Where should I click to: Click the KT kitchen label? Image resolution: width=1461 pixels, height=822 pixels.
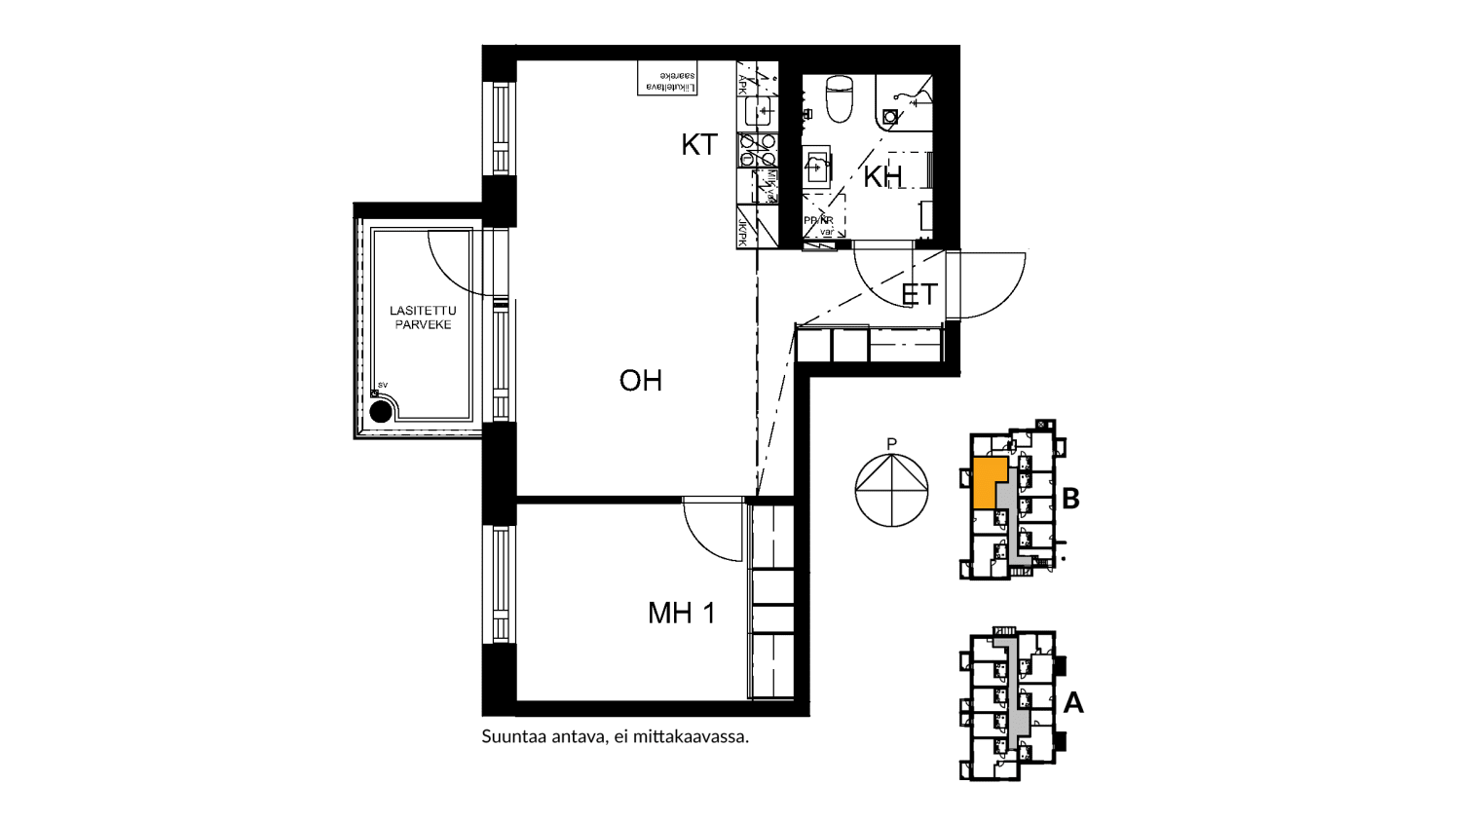[698, 145]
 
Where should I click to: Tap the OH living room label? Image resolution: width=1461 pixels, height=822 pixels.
[640, 380]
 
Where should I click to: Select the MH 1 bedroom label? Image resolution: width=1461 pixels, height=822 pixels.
[681, 613]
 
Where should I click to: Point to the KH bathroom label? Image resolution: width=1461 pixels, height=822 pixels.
[881, 176]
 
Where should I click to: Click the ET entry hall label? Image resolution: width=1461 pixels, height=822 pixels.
[918, 293]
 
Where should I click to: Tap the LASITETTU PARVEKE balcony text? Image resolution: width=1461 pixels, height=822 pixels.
[423, 318]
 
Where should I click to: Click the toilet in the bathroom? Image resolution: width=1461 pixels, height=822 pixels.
[839, 97]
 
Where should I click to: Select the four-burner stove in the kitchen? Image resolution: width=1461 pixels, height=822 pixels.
[757, 150]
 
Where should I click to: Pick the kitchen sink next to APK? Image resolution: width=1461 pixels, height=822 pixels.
[760, 111]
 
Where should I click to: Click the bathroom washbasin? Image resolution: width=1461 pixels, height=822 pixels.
[816, 167]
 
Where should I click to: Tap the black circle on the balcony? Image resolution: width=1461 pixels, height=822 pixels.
[381, 411]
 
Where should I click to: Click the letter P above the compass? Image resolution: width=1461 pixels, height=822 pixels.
[891, 444]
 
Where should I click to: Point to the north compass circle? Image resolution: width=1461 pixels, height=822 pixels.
[891, 490]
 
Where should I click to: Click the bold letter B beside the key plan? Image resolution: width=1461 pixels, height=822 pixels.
[1070, 499]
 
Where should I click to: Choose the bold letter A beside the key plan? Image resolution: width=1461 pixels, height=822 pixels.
[1073, 702]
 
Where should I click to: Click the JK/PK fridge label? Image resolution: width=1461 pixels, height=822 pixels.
[743, 232]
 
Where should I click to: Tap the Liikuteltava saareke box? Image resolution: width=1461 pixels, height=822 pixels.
[667, 79]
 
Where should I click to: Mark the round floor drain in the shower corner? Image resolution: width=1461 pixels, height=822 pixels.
[890, 116]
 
